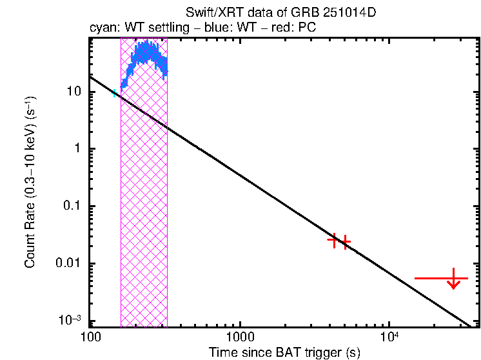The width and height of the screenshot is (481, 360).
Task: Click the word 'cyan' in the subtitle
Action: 101,29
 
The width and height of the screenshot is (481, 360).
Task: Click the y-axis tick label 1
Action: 78,149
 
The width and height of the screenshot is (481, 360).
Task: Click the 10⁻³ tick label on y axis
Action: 72,320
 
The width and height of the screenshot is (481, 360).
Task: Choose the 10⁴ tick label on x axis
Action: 388,337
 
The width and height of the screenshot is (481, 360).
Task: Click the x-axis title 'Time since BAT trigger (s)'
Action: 284,352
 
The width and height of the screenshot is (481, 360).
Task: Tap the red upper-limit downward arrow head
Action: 454,285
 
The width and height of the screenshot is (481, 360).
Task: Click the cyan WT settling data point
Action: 115,94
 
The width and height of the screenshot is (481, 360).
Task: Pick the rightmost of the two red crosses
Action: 346,243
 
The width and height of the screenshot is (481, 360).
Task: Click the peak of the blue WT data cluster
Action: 146,46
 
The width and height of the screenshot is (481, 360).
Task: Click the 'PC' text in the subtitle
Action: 307,29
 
